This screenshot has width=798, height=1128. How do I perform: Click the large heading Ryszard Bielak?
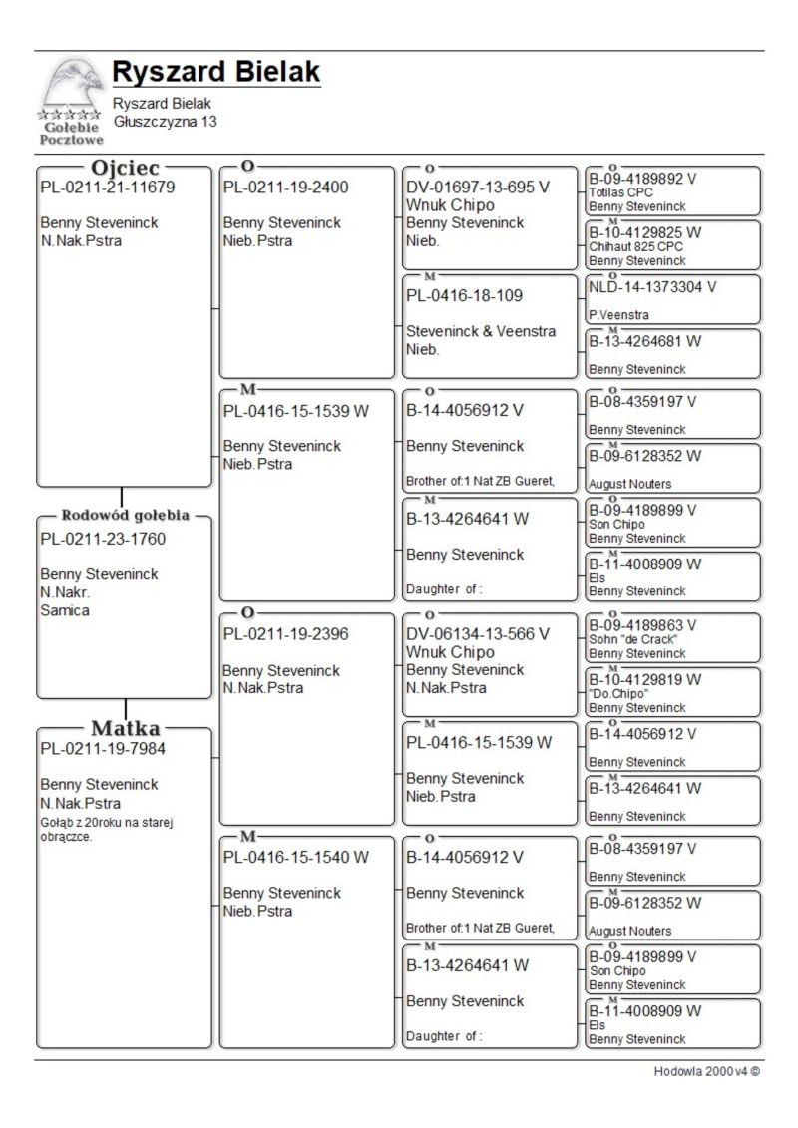pos(216,72)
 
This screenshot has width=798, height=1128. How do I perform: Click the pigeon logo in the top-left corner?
pos(70,100)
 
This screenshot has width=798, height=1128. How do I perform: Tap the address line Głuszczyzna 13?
pos(165,122)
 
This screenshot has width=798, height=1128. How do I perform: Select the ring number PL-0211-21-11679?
pos(108,187)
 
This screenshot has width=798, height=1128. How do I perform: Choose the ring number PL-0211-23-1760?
pos(103,539)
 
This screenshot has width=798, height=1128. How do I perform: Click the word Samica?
pos(65,610)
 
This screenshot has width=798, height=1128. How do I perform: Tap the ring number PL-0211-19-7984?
pos(103,748)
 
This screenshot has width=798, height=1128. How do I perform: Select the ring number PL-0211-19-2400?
pos(285,187)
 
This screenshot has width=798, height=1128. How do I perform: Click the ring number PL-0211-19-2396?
pos(285,633)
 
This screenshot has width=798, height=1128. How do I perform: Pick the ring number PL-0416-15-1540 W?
pos(296,857)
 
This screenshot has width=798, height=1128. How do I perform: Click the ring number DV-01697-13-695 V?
pos(478,187)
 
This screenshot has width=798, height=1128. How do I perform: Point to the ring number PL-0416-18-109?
pos(464,295)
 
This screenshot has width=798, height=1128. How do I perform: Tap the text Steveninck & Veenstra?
pos(481,331)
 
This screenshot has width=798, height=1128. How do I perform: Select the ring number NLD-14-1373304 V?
pos(652,286)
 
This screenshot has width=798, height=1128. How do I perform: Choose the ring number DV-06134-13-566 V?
pos(478,633)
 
